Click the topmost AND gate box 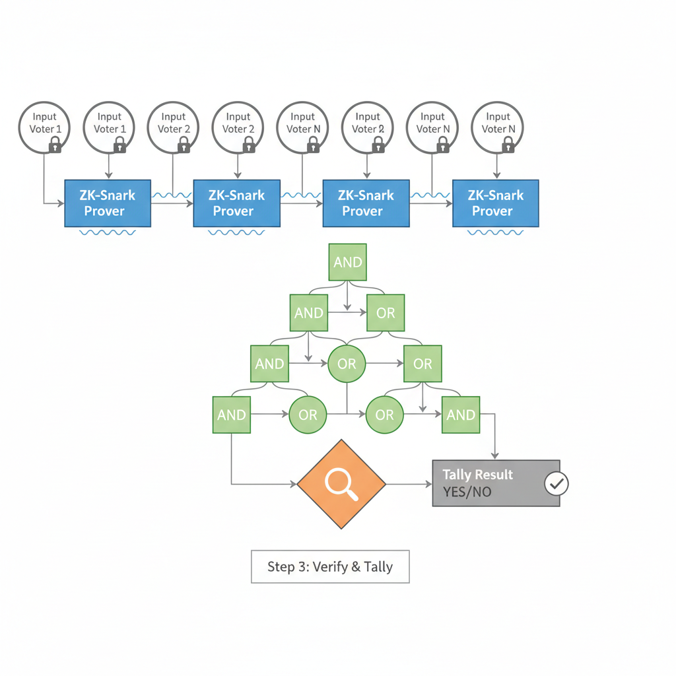point(347,262)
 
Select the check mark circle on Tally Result point(556,484)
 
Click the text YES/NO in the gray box point(467,492)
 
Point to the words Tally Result point(477,475)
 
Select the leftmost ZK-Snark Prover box point(108,203)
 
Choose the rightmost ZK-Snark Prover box point(495,203)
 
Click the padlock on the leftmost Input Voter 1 point(56,145)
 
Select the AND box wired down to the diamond point(231,415)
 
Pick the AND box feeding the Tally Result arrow point(461,415)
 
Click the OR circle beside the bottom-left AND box point(308,415)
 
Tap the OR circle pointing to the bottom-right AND point(384,415)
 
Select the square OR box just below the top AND point(386,313)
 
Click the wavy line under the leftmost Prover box point(108,233)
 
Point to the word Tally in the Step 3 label point(378,566)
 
